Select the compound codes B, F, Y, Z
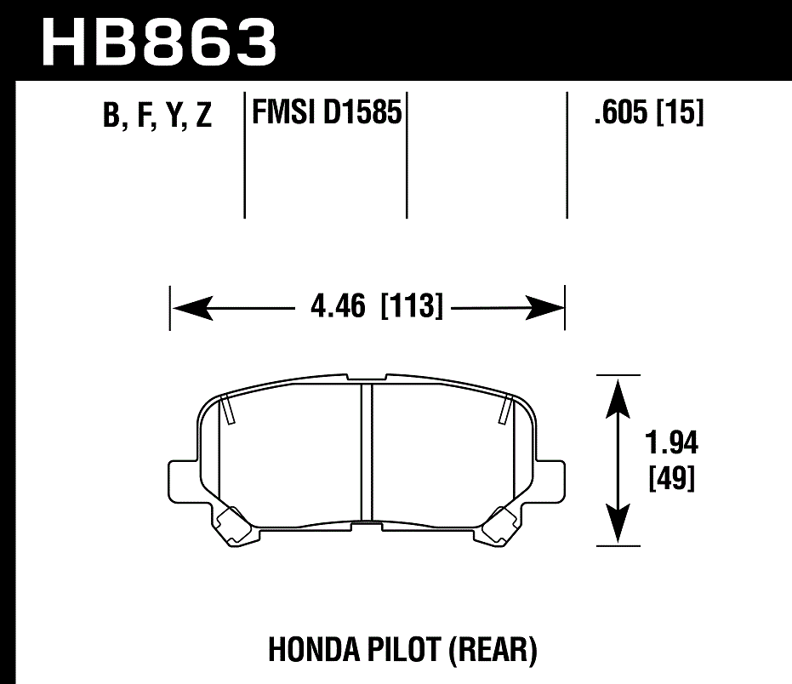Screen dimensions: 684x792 point(157,116)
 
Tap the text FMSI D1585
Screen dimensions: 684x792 point(326,111)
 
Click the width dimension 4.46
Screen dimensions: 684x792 point(338,306)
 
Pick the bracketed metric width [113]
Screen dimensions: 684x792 point(413,306)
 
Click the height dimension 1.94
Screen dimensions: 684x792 point(672,443)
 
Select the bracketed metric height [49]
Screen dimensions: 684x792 point(672,479)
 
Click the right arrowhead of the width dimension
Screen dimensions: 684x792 point(544,307)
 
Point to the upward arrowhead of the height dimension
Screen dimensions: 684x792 point(618,396)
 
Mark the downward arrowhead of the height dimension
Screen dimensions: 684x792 point(618,522)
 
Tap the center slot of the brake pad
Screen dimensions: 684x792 point(368,451)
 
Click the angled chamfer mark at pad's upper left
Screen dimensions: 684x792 point(227,410)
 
